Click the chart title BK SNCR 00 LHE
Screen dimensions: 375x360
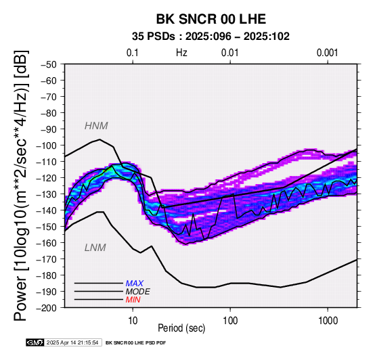click(x=211, y=19)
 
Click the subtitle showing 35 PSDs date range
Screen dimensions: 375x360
click(x=211, y=37)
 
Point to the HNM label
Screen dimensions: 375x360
click(x=96, y=126)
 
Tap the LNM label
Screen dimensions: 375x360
click(x=95, y=248)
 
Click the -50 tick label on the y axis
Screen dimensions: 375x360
click(x=49, y=64)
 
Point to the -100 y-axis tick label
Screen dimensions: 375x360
click(x=47, y=145)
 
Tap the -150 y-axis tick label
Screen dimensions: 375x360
click(x=47, y=227)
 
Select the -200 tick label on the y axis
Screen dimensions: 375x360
click(x=47, y=308)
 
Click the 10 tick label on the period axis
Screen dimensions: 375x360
click(x=133, y=321)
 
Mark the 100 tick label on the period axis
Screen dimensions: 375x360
click(x=230, y=321)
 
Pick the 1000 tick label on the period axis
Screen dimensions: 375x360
click(x=328, y=321)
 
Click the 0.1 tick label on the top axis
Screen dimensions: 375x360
click(x=133, y=53)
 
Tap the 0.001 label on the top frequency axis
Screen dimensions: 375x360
click(x=328, y=53)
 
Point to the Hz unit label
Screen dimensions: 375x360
click(x=181, y=53)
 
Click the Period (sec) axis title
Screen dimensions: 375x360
click(x=181, y=328)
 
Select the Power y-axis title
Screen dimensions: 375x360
click(x=21, y=185)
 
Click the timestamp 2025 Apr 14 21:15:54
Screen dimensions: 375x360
click(x=72, y=343)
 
